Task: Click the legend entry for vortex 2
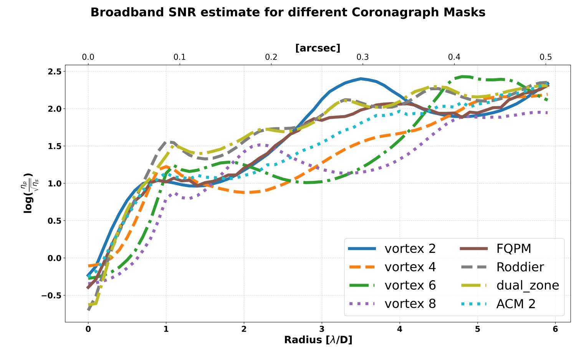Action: [410, 249]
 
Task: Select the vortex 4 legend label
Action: [410, 267]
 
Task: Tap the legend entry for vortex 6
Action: [410, 286]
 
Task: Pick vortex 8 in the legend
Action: [410, 304]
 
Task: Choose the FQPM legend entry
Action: [513, 249]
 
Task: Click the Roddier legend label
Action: [520, 267]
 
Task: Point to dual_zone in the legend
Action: [527, 286]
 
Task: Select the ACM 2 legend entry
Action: [516, 304]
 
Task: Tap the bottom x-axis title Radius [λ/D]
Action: [318, 340]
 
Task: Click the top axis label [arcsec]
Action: [318, 48]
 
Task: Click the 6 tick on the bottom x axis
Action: [555, 329]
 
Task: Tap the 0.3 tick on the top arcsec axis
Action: [362, 57]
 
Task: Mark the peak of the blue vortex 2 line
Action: [361, 78]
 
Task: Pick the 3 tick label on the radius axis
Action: [322, 329]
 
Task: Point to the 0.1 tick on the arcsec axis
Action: [179, 57]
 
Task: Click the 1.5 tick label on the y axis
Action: [55, 146]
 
